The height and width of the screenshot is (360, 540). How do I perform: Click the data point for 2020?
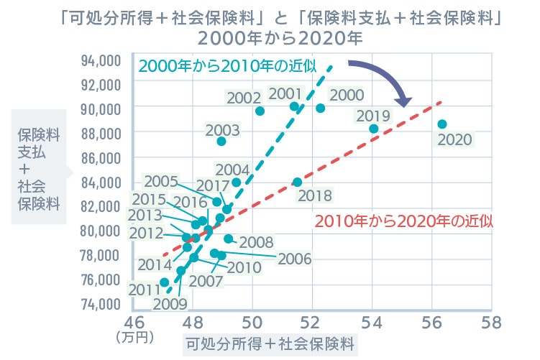442,124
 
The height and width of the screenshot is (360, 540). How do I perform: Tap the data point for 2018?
298,183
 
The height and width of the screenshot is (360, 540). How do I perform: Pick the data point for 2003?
221,142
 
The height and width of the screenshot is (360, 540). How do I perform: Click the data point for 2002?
260,111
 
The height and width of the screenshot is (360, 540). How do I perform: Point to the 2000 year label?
346,95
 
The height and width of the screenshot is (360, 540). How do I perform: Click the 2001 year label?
285,93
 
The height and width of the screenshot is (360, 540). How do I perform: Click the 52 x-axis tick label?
311,321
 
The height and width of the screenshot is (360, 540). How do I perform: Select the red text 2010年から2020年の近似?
404,221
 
